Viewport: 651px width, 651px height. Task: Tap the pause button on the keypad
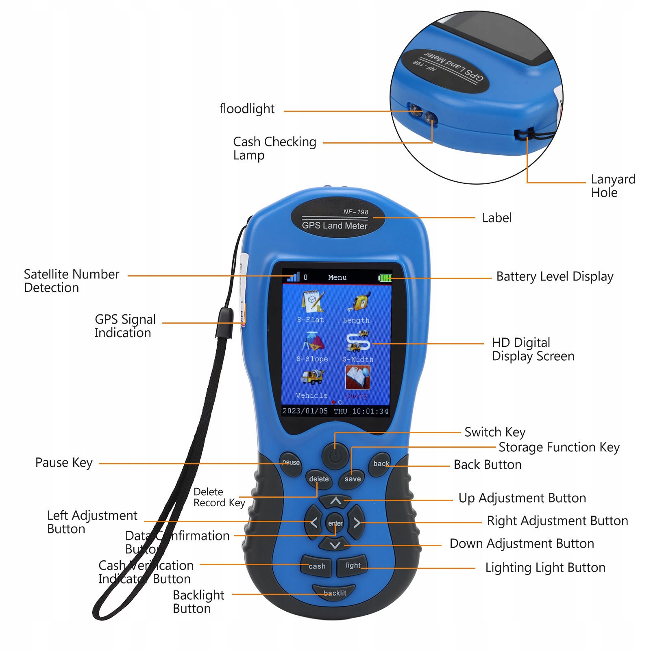click(x=291, y=463)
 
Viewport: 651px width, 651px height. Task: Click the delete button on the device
click(x=319, y=479)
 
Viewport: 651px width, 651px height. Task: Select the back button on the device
click(x=381, y=464)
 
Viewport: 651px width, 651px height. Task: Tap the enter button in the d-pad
click(x=335, y=523)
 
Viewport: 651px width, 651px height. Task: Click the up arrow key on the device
click(x=335, y=501)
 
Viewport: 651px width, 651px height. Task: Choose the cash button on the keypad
click(x=316, y=566)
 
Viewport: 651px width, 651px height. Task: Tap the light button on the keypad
click(x=353, y=566)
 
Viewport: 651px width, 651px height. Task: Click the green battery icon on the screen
click(x=385, y=278)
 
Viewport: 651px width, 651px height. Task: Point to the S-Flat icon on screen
click(x=312, y=301)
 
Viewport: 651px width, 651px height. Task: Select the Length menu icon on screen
click(x=359, y=301)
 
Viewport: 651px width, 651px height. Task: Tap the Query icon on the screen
click(x=357, y=378)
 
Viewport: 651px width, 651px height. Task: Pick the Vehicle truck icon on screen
click(x=312, y=377)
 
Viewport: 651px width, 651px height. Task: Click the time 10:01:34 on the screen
click(x=370, y=411)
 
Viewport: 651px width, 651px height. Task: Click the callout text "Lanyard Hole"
click(x=613, y=186)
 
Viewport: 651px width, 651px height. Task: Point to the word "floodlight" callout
click(x=247, y=109)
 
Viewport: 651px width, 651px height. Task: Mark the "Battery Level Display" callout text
click(x=555, y=277)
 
